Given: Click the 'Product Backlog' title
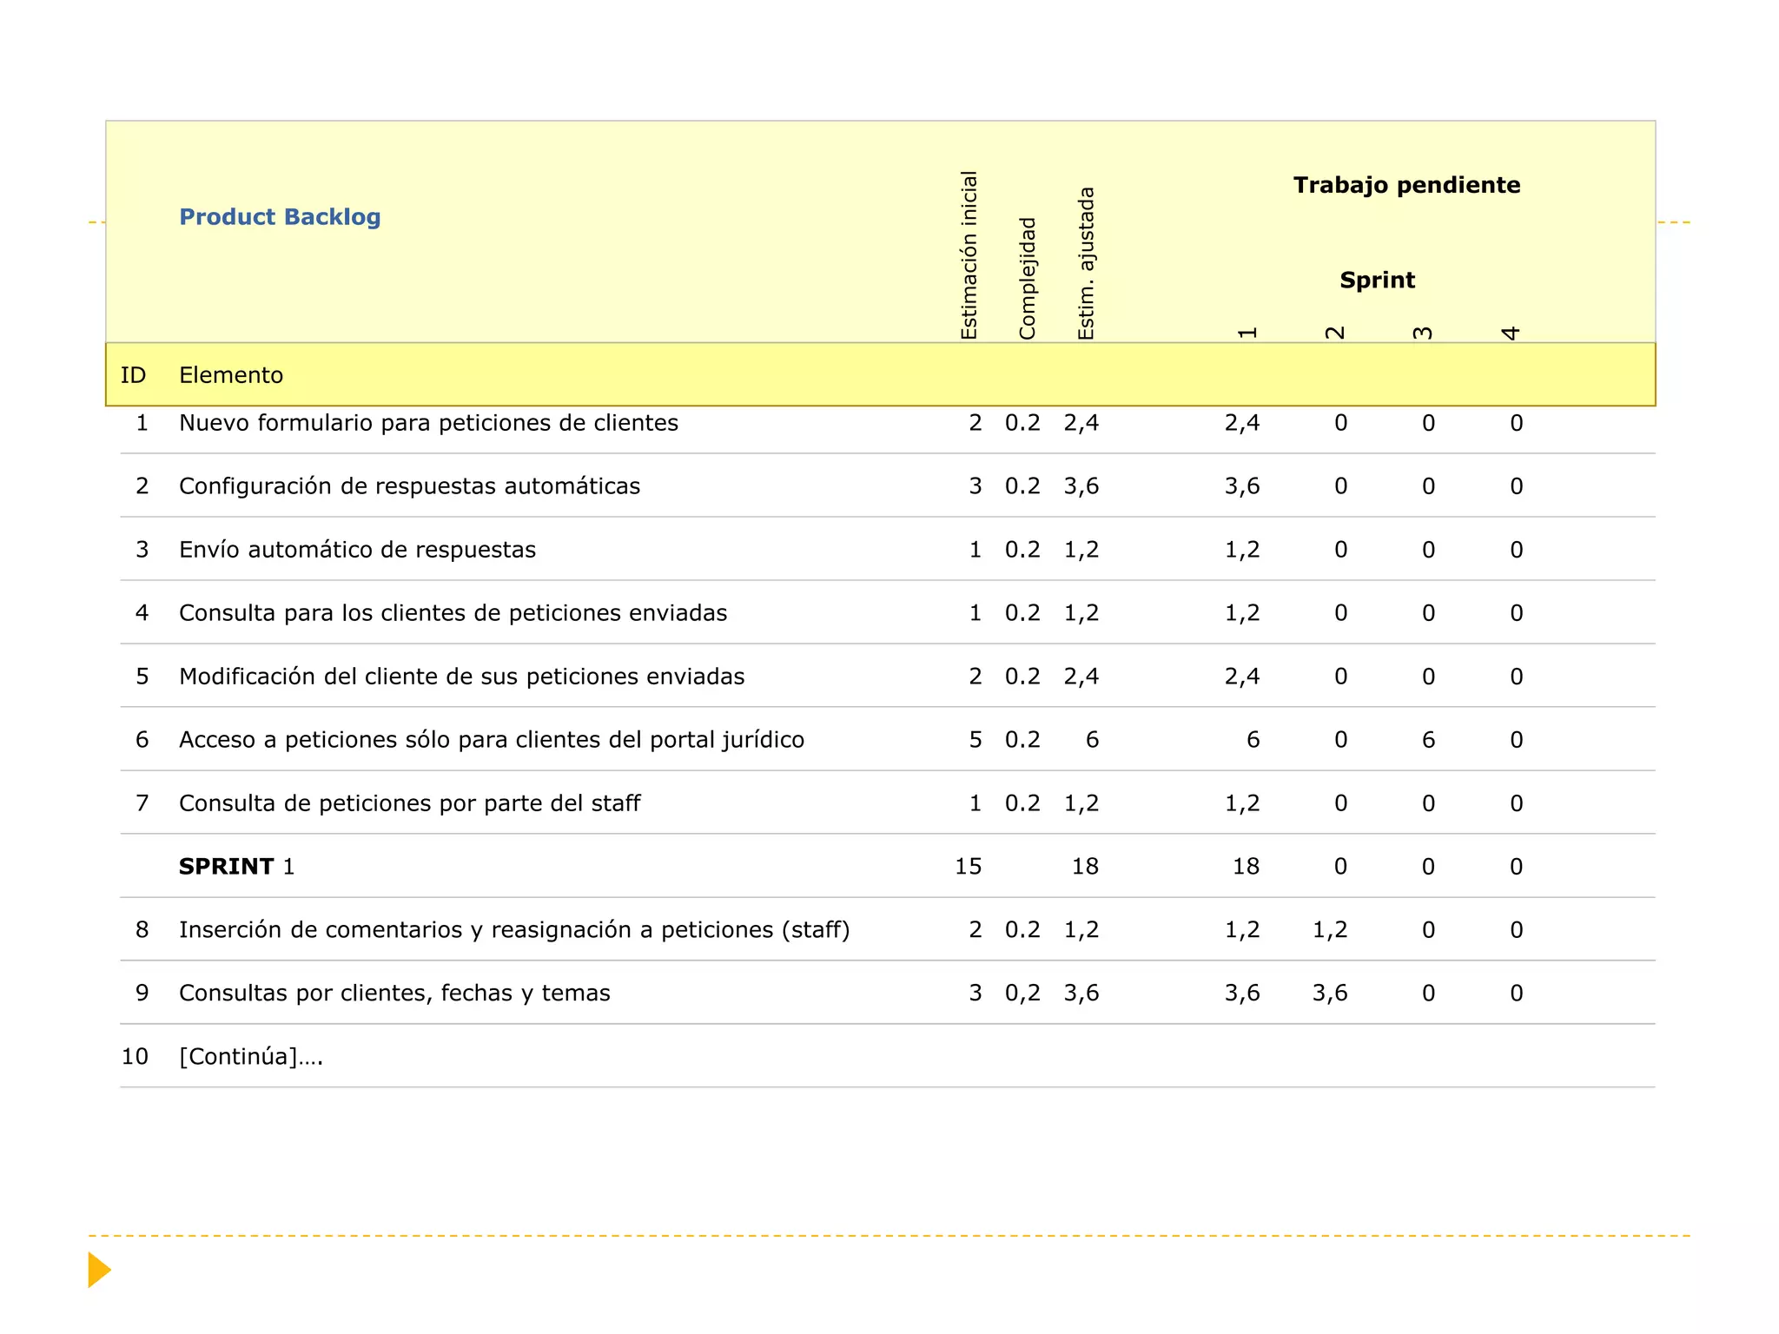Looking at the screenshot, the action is tap(280, 217).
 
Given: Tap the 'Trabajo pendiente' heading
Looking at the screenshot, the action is tap(1406, 185).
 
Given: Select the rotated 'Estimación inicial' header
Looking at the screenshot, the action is tap(969, 254).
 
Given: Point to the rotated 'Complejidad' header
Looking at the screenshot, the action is tap(1028, 278).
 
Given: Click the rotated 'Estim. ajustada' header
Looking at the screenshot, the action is tap(1086, 263).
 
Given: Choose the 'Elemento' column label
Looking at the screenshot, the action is tap(231, 375).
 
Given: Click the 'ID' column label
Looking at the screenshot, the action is tap(133, 375).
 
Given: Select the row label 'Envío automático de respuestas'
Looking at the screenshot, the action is tap(357, 550).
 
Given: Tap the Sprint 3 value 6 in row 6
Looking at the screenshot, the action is tap(1428, 740).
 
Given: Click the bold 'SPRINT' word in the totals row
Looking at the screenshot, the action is tap(227, 867).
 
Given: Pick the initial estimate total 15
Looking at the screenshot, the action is tap(968, 867).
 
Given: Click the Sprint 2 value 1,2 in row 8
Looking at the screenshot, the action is tap(1329, 930).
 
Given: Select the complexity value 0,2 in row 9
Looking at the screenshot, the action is tap(1022, 994).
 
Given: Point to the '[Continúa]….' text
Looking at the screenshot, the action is tap(251, 1057).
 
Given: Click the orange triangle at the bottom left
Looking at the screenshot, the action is tap(99, 1270).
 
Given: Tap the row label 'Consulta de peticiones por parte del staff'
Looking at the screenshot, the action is tap(409, 803).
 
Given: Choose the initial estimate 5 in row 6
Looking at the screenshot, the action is tap(975, 740).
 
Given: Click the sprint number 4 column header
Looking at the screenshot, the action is tap(1511, 333).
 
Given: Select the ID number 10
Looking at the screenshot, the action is tap(135, 1057).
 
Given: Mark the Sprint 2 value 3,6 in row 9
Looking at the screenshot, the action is tap(1329, 994).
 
